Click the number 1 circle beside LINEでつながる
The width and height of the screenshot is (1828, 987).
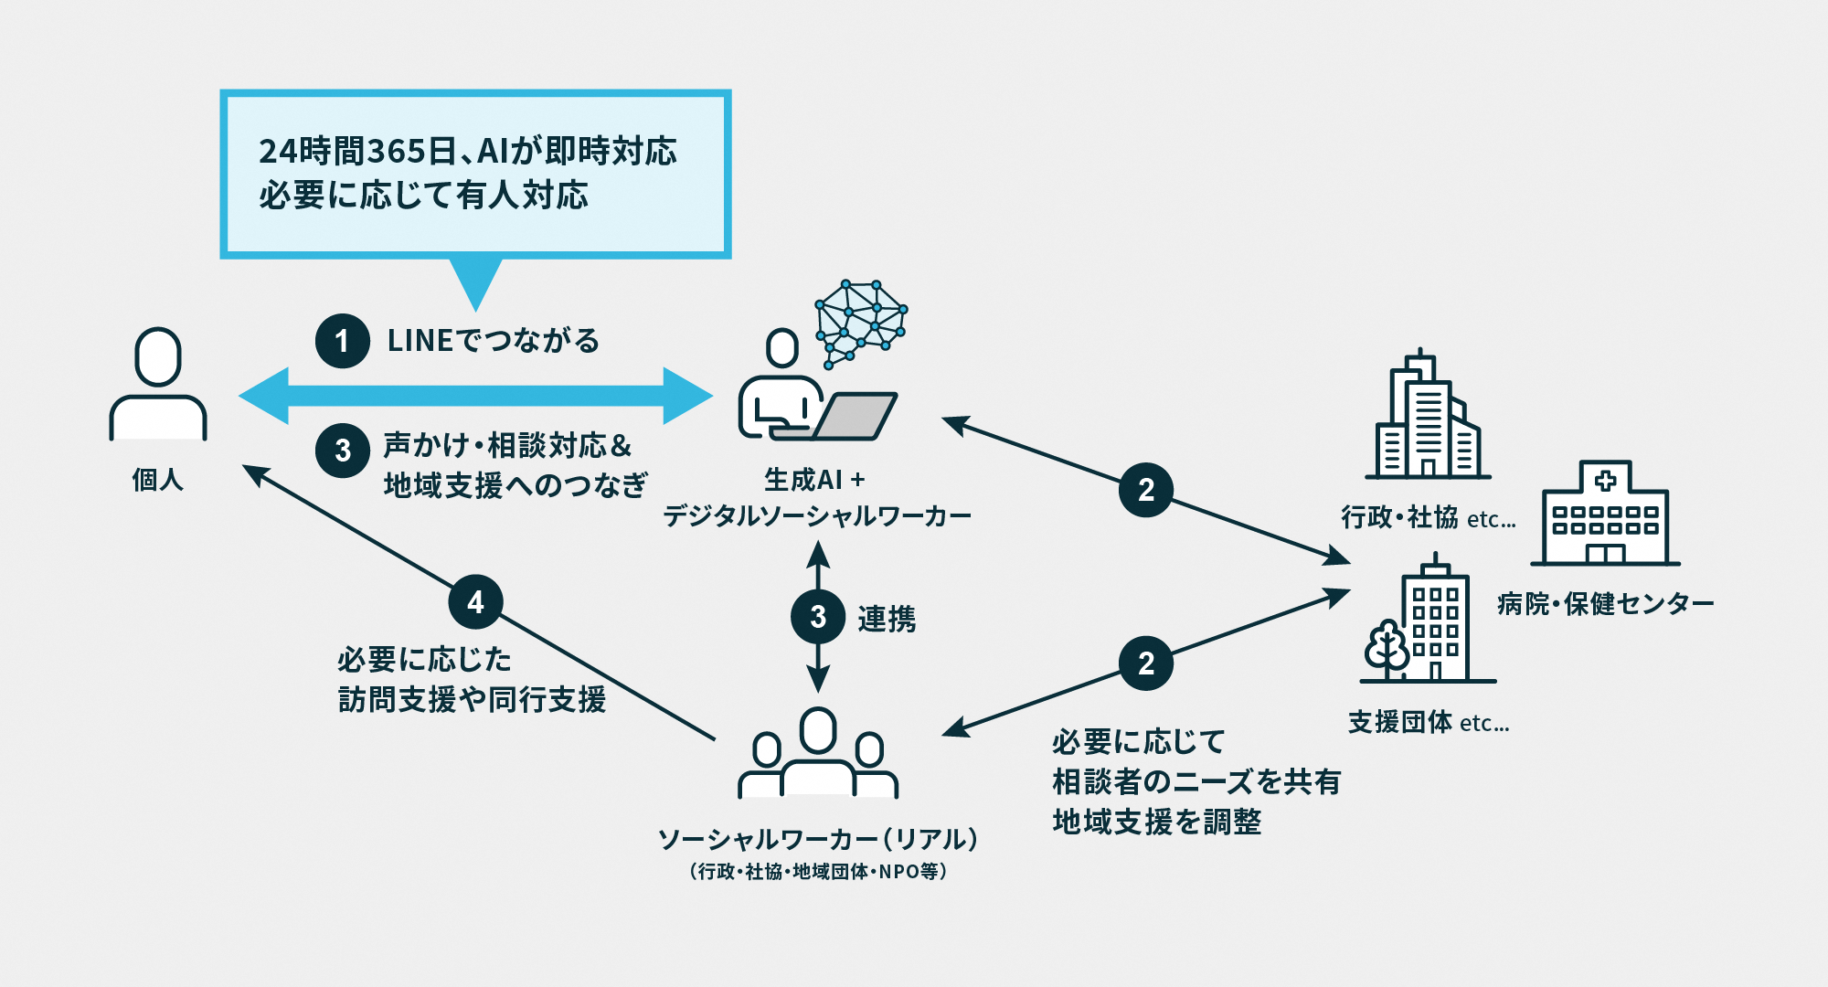point(342,341)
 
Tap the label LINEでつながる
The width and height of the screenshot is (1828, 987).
point(494,341)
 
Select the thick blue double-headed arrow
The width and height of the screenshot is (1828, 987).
point(475,396)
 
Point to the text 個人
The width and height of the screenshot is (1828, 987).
point(158,480)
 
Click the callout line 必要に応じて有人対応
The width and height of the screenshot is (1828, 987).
point(423,196)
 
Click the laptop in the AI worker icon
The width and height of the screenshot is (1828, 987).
point(855,416)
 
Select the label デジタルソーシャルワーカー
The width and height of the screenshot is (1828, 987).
point(816,516)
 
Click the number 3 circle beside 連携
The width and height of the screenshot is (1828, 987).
point(817,617)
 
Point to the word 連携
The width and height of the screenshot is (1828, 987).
point(887,619)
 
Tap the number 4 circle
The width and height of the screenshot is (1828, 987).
point(475,601)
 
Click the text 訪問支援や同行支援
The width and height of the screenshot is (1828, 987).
point(472,700)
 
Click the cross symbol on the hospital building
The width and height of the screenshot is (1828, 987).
point(1605,480)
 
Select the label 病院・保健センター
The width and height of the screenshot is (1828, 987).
point(1605,604)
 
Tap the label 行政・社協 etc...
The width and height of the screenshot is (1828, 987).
point(1428,518)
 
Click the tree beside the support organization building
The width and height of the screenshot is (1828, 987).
point(1387,648)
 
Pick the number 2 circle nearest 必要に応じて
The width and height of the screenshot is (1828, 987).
point(1145,663)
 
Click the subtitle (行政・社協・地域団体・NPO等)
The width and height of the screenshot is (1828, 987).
point(818,872)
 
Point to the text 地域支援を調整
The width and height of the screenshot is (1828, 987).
point(1156,822)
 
